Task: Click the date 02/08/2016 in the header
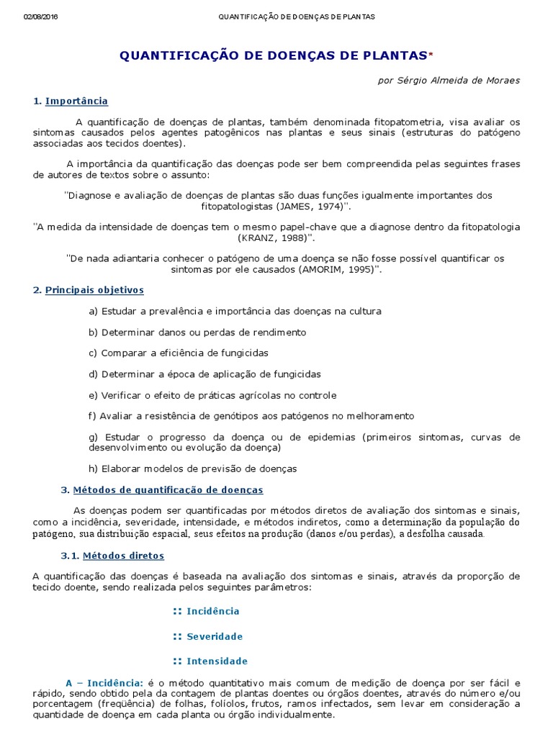pos(40,17)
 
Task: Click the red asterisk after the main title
pos(431,55)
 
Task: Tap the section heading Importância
pos(76,101)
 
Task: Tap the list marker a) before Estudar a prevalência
pos(93,311)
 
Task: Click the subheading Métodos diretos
pos(123,556)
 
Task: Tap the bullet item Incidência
pos(213,611)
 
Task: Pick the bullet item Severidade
pos(215,636)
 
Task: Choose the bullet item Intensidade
pos(217,661)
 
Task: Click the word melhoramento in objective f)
pos(383,415)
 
